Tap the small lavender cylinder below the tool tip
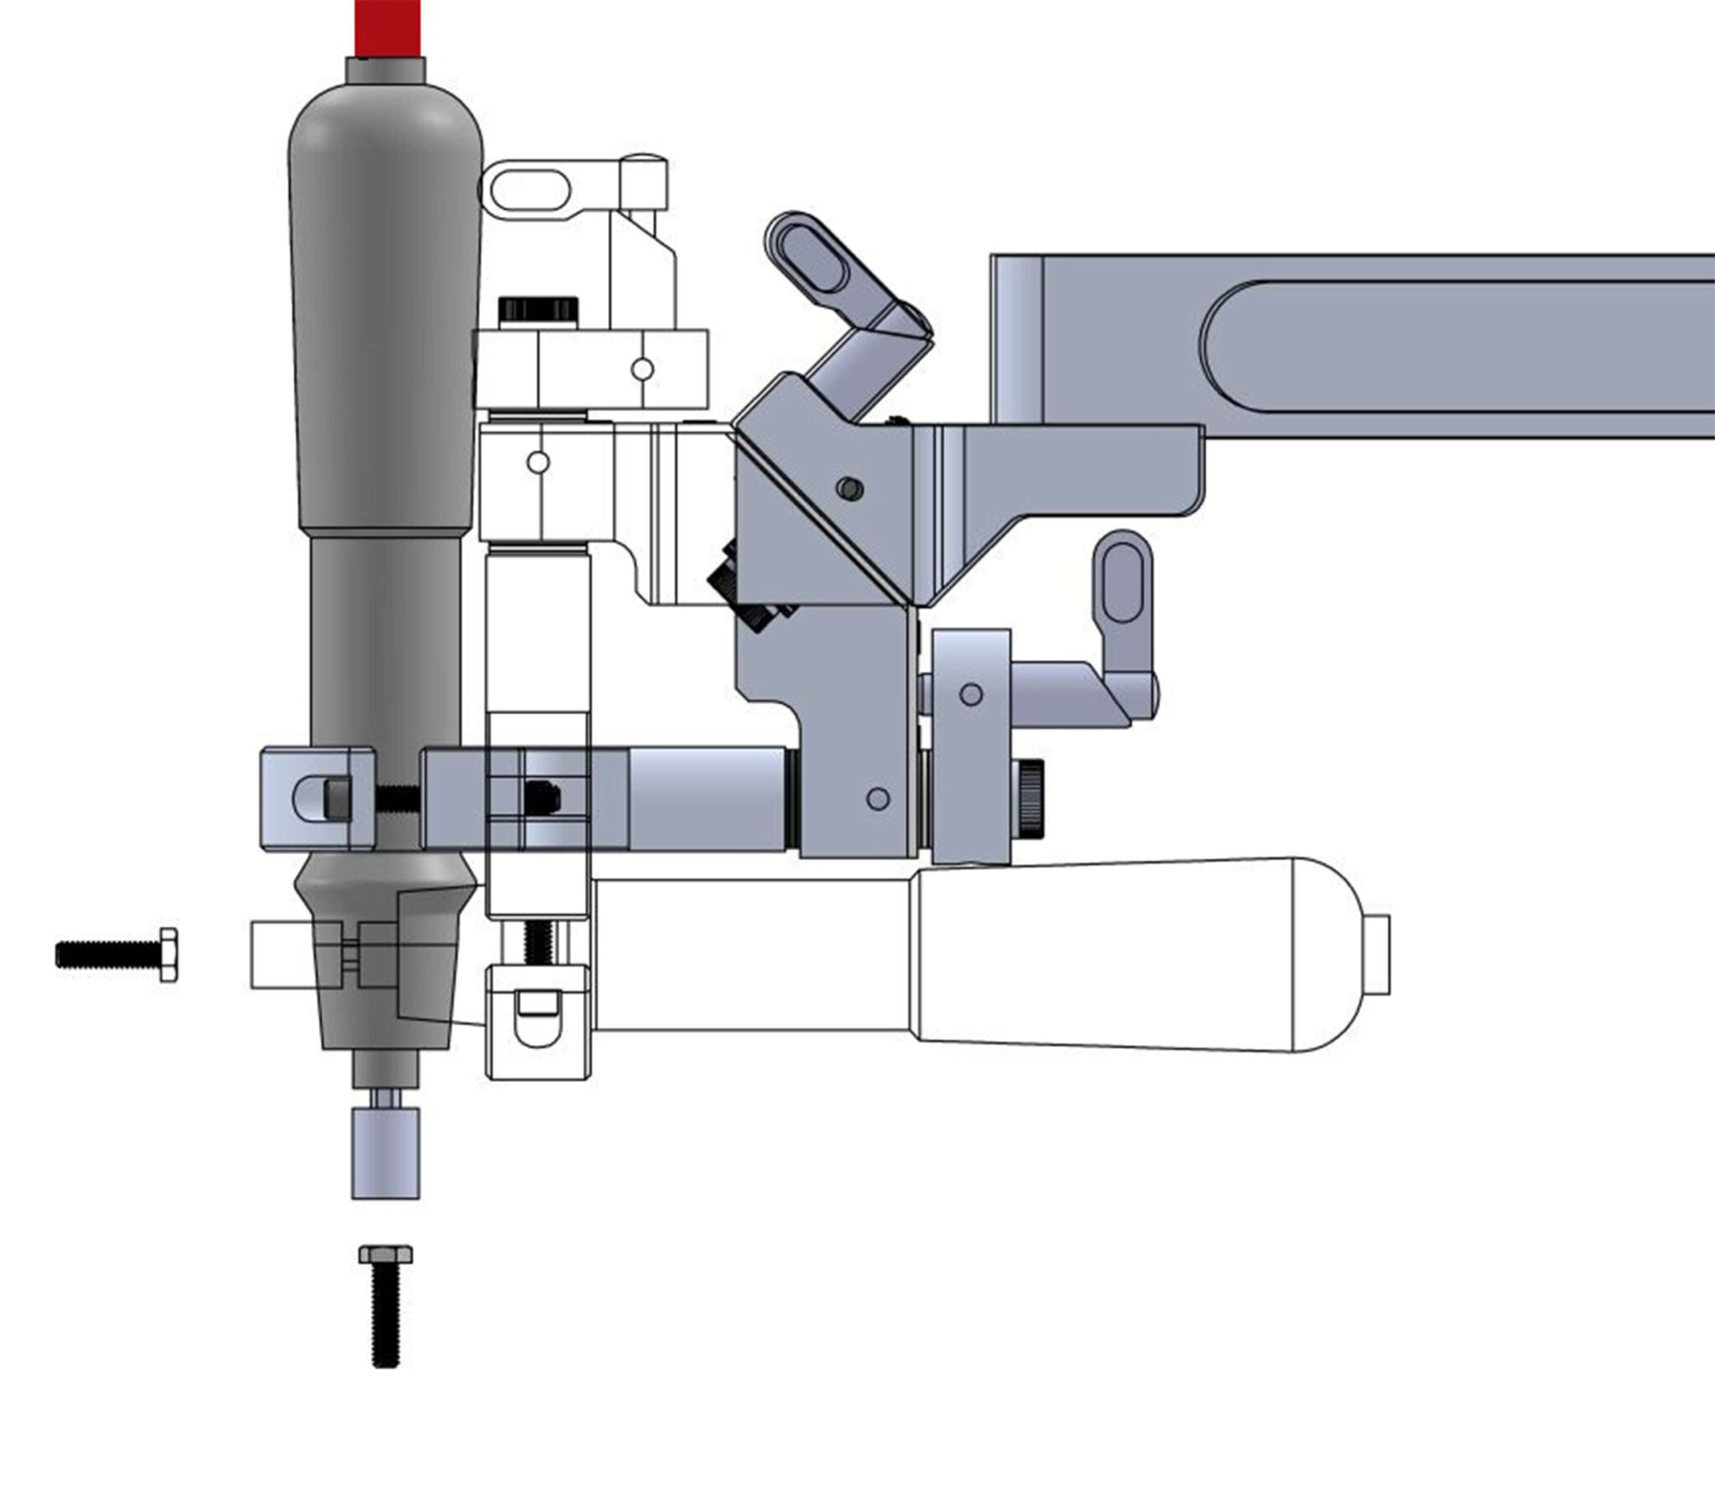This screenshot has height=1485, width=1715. click(x=385, y=1153)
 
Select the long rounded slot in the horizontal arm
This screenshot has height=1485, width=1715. click(x=1457, y=346)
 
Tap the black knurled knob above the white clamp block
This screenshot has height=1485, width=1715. click(x=538, y=307)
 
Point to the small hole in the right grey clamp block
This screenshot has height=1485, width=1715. click(x=971, y=694)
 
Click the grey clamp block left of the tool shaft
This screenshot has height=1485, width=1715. click(x=316, y=800)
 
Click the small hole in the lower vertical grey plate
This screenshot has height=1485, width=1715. click(x=878, y=798)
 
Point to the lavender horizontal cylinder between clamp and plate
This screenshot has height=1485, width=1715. click(x=708, y=800)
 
